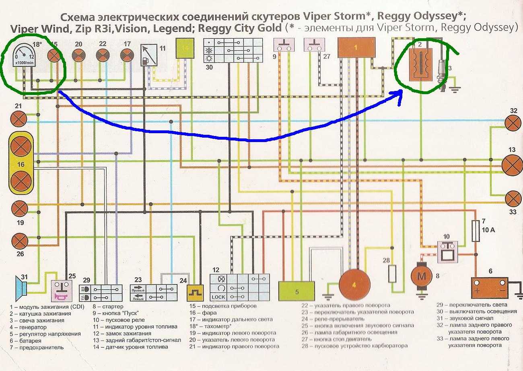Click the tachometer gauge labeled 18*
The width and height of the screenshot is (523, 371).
click(23, 56)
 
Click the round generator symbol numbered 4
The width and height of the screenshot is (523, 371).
click(354, 284)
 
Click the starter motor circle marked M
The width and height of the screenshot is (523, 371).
click(420, 277)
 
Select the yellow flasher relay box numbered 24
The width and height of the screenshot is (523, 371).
click(195, 293)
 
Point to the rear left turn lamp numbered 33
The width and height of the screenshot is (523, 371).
click(513, 198)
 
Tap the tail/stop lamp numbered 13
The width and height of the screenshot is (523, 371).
click(511, 165)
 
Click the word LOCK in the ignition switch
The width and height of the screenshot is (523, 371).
click(218, 297)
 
